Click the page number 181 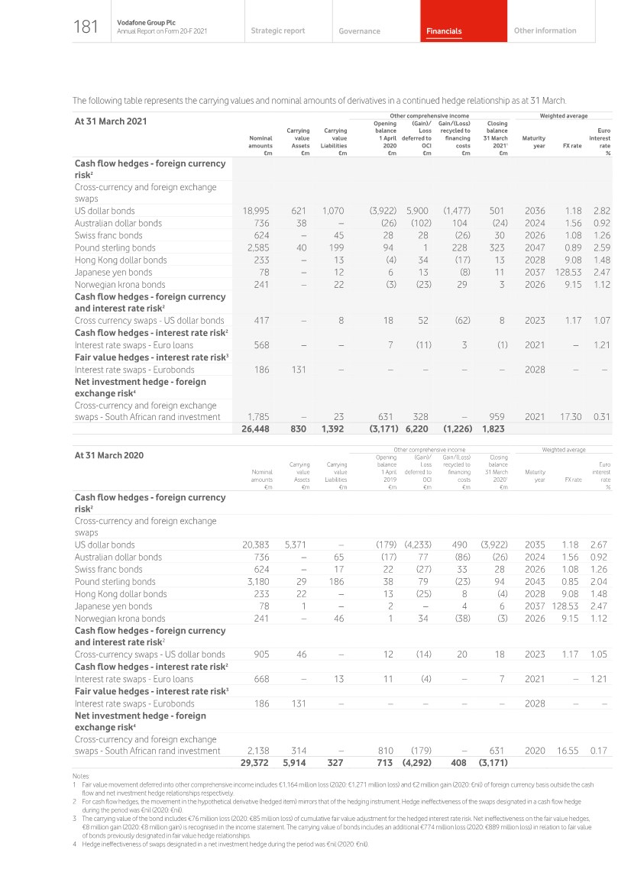pos(86,28)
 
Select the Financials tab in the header pos(444,31)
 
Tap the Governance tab pos(359,31)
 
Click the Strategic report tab pos(277,31)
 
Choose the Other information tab pos(545,31)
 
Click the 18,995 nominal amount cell pos(257,211)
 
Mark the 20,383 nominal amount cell pos(257,545)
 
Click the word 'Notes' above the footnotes pos(80,776)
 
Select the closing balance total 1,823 pos(495,429)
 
